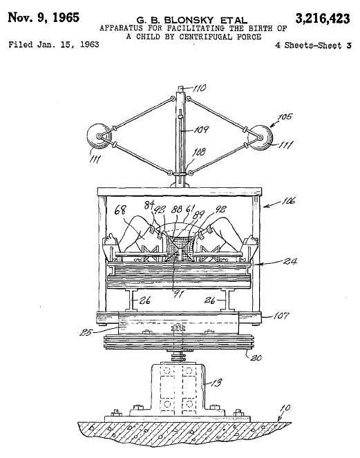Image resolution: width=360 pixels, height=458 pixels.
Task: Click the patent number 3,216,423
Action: click(x=323, y=19)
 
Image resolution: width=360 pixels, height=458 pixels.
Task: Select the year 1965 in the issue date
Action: click(x=66, y=17)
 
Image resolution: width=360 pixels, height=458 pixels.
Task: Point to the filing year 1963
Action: click(x=89, y=45)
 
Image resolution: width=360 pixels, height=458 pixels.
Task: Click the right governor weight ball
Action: click(x=260, y=137)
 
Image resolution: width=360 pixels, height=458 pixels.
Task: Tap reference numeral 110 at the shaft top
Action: click(x=200, y=88)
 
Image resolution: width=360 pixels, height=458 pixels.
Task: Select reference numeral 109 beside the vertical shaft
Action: click(x=202, y=129)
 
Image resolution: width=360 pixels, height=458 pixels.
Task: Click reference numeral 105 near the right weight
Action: click(x=285, y=117)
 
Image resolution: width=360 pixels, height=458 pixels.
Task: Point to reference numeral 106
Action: click(x=289, y=201)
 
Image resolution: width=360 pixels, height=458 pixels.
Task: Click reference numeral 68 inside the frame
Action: click(x=120, y=210)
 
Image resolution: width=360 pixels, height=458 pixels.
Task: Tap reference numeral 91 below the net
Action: click(x=178, y=294)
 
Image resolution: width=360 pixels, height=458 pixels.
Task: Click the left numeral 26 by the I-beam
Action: click(x=144, y=300)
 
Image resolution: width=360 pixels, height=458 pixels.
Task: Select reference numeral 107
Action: click(x=281, y=316)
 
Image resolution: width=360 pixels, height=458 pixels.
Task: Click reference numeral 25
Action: click(x=86, y=332)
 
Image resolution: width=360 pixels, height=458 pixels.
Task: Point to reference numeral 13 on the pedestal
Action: click(x=216, y=383)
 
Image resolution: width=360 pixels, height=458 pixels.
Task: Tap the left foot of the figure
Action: click(x=110, y=239)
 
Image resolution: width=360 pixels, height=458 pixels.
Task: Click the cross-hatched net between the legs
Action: click(x=180, y=247)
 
